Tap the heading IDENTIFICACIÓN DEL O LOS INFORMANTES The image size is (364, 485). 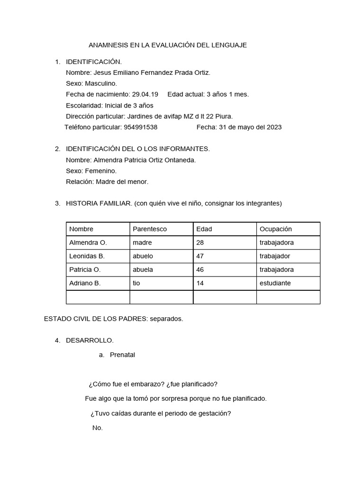click(x=137, y=149)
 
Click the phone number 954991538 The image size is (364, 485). click(x=140, y=127)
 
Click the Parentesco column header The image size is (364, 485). click(x=150, y=229)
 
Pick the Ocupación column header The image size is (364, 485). click(x=276, y=229)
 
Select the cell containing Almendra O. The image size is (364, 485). click(x=88, y=242)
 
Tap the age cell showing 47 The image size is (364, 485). click(x=200, y=256)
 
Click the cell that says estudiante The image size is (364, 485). click(x=275, y=283)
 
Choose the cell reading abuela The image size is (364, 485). click(x=143, y=269)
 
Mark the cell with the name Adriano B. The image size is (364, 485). click(x=85, y=283)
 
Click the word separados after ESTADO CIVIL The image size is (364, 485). click(x=166, y=319)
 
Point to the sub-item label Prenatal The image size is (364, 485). click(x=122, y=355)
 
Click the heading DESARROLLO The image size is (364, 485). click(x=90, y=341)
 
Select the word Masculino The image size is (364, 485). click(x=101, y=83)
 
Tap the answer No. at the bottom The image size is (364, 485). click(x=98, y=428)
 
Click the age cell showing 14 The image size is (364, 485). click(x=200, y=283)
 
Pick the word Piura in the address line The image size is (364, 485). click(x=221, y=117)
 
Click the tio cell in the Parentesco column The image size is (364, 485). click(x=137, y=283)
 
